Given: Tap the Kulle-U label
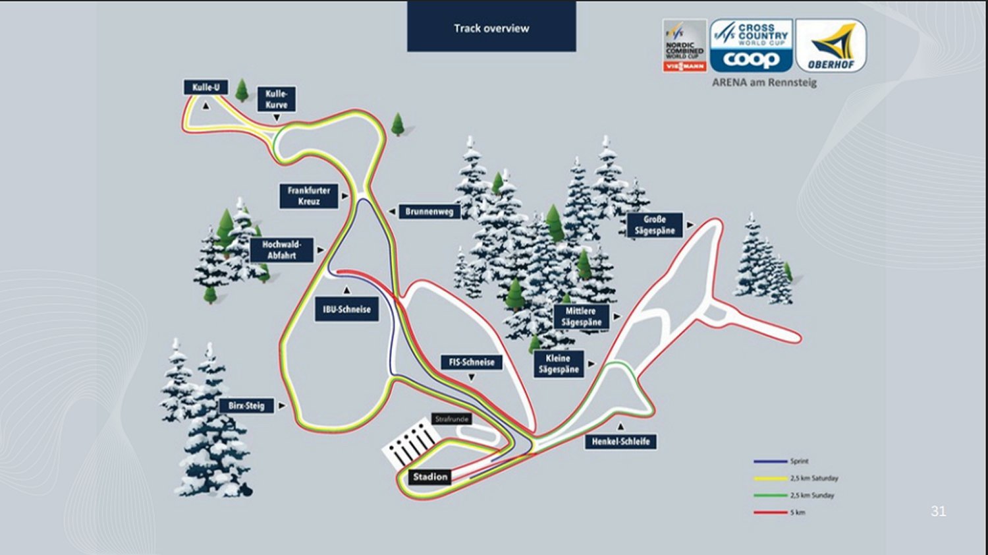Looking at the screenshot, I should [x=206, y=87].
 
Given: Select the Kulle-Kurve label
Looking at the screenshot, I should [x=277, y=99].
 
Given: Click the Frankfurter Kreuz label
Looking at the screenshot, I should [x=309, y=196].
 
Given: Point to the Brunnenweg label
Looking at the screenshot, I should [x=429, y=212].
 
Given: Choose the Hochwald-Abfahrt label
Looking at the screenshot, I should [x=281, y=250].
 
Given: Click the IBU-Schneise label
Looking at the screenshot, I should [x=346, y=309].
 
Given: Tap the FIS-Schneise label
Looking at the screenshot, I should [x=472, y=362].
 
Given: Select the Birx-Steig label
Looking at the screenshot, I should [x=246, y=406].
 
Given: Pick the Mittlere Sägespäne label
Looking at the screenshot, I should [x=581, y=316].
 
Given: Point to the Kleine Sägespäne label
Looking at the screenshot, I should [x=559, y=364].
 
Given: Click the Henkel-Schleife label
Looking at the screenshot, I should [x=620, y=441].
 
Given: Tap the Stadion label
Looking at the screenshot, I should [x=430, y=477].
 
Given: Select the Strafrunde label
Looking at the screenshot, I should [x=452, y=419].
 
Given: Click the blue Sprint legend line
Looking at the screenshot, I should [x=770, y=461].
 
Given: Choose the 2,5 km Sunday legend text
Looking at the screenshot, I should [x=812, y=495].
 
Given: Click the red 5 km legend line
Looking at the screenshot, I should [x=770, y=512].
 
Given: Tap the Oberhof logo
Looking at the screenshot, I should [x=831, y=45].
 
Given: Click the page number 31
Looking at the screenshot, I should [x=938, y=511].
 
